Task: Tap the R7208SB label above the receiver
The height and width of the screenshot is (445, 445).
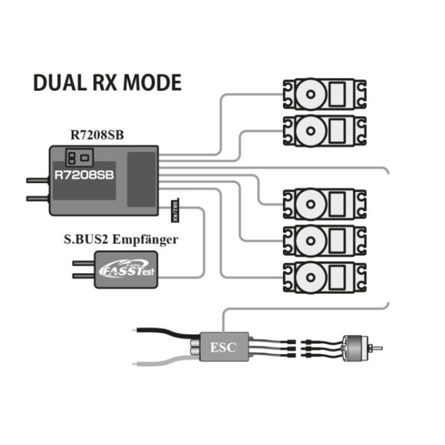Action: pyautogui.click(x=96, y=134)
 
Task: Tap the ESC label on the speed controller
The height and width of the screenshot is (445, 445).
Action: pyautogui.click(x=223, y=347)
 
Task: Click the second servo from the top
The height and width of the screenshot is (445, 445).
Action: pyautogui.click(x=325, y=127)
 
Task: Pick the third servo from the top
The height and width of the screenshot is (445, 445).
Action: pyautogui.click(x=325, y=202)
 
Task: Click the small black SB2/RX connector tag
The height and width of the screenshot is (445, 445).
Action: pyautogui.click(x=174, y=211)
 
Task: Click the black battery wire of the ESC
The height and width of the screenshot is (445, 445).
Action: pyautogui.click(x=163, y=331)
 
